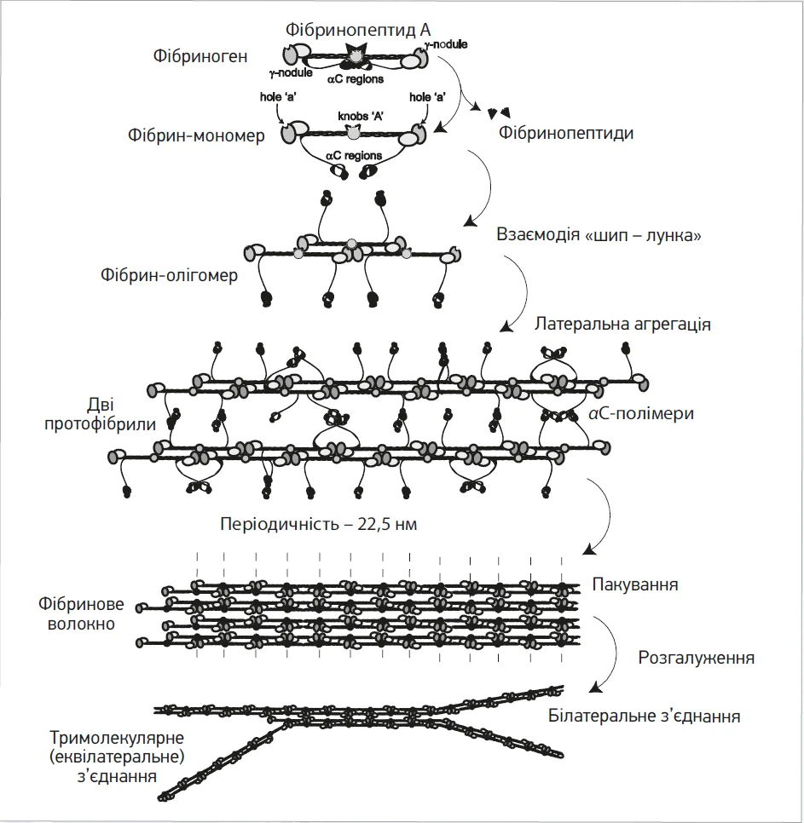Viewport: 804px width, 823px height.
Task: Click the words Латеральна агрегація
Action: coord(622,325)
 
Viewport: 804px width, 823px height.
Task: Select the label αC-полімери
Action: coord(640,414)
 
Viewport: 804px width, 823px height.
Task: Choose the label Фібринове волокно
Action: coord(81,613)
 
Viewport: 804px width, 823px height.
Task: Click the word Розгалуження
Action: coord(697,659)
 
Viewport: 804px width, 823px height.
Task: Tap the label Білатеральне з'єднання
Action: coord(644,716)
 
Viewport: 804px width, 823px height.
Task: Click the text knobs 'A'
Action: coord(352,114)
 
